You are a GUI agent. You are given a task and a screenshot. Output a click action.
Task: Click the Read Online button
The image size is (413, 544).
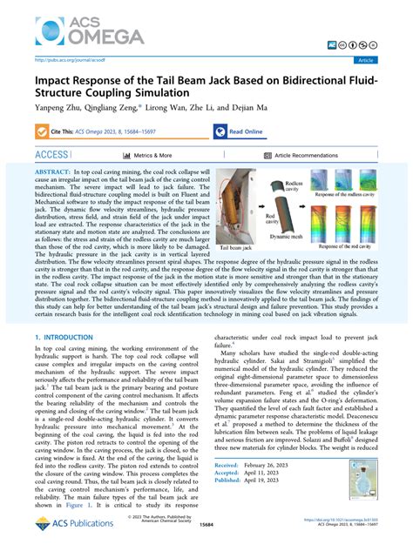(x=245, y=132)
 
